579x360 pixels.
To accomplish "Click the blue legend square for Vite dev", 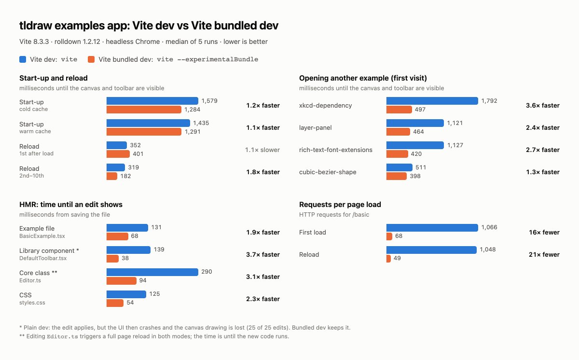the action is (23, 59).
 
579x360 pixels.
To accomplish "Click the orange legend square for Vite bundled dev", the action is (91, 59).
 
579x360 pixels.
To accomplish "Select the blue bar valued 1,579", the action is (152, 101).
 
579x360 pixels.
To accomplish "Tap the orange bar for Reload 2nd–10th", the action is (111, 176).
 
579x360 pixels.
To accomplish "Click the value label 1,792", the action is (489, 101).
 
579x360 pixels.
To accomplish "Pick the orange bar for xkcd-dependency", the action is (399, 110).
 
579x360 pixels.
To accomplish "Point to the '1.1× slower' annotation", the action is (262, 150).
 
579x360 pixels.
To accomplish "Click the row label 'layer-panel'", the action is (316, 128).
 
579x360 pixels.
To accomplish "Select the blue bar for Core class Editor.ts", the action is (152, 272).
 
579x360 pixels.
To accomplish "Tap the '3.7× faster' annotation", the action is (263, 255).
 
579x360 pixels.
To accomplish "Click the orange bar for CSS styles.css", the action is (115, 303).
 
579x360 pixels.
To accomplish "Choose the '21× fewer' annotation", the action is (544, 255).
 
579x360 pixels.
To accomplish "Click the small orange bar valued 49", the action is (388, 259).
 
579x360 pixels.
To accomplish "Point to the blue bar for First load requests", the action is (432, 228).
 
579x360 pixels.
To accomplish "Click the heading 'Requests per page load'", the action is (340, 205).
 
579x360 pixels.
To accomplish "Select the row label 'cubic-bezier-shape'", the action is (328, 172).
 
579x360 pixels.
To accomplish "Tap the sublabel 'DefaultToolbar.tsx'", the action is (43, 258).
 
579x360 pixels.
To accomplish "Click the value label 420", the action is (416, 154).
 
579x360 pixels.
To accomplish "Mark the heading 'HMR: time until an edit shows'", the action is (71, 205).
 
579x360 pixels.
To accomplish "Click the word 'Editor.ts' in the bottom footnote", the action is (62, 336).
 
